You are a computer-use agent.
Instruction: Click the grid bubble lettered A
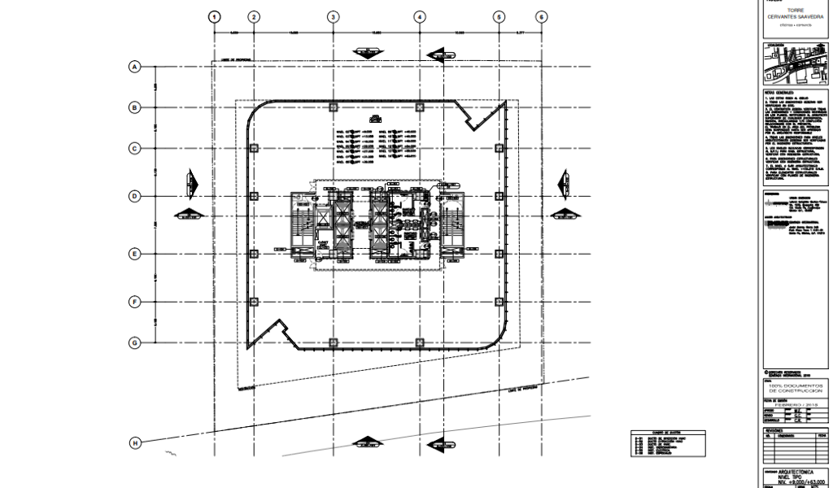pyautogui.click(x=136, y=67)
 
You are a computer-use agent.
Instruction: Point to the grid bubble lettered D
pyautogui.click(x=136, y=196)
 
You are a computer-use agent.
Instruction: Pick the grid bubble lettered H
pyautogui.click(x=136, y=442)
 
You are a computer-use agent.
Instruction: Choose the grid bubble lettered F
pyautogui.click(x=136, y=302)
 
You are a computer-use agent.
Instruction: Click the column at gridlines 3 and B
pyautogui.click(x=333, y=107)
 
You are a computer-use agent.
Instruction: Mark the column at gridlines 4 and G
pyautogui.click(x=419, y=342)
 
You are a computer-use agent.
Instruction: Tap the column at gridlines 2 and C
pyautogui.click(x=255, y=148)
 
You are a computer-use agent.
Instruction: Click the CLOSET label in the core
pyautogui.click(x=323, y=242)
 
